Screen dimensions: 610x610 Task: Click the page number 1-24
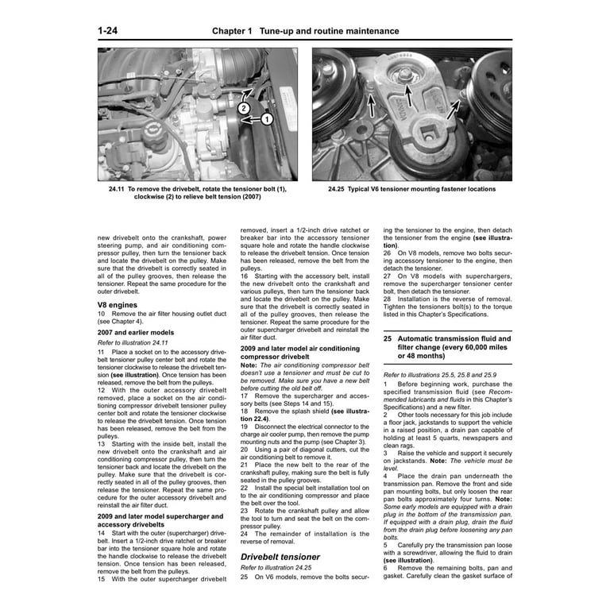pyautogui.click(x=108, y=32)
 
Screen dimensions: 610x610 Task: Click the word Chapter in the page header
pyautogui.click(x=232, y=32)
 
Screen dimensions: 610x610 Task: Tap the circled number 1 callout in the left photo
pyautogui.click(x=267, y=118)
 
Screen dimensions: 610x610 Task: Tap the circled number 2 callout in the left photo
pyautogui.click(x=244, y=106)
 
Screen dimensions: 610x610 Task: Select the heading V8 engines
pyautogui.click(x=117, y=304)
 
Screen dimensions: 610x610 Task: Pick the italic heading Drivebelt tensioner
pyautogui.click(x=280, y=557)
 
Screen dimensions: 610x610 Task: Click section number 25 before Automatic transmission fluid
pyautogui.click(x=388, y=338)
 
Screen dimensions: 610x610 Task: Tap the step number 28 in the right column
pyautogui.click(x=388, y=299)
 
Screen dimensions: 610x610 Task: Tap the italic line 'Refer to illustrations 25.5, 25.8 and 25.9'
pyautogui.click(x=440, y=374)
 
